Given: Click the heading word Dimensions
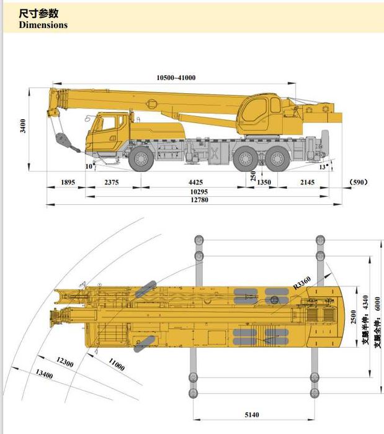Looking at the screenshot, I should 43,25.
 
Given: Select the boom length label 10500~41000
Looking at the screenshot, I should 176,78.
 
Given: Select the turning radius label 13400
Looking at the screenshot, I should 44,374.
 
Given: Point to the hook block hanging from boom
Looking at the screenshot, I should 62,140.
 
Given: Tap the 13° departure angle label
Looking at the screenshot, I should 323,166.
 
